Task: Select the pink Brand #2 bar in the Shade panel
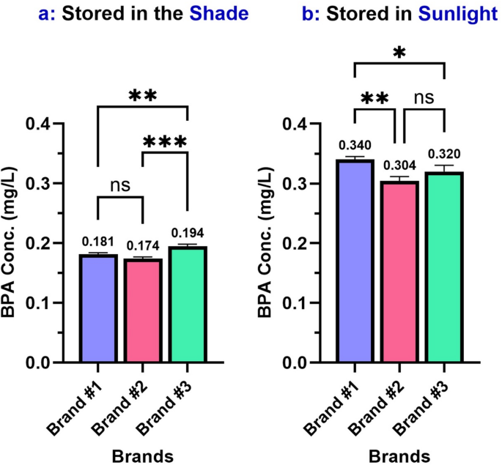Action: (143, 310)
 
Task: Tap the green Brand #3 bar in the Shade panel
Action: (188, 305)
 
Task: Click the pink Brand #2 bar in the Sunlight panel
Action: (399, 272)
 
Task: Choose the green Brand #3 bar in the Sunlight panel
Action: (444, 267)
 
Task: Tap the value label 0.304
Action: (399, 166)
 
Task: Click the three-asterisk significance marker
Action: (166, 142)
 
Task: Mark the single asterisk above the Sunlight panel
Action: (399, 53)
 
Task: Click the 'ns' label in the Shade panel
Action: (120, 185)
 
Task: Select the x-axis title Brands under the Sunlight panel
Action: (399, 456)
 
